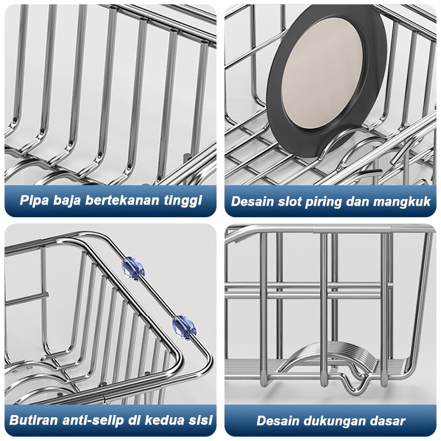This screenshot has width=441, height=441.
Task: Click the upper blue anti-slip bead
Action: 133,268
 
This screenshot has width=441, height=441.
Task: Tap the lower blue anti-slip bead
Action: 184,327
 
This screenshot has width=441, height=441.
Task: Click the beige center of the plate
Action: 327,82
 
